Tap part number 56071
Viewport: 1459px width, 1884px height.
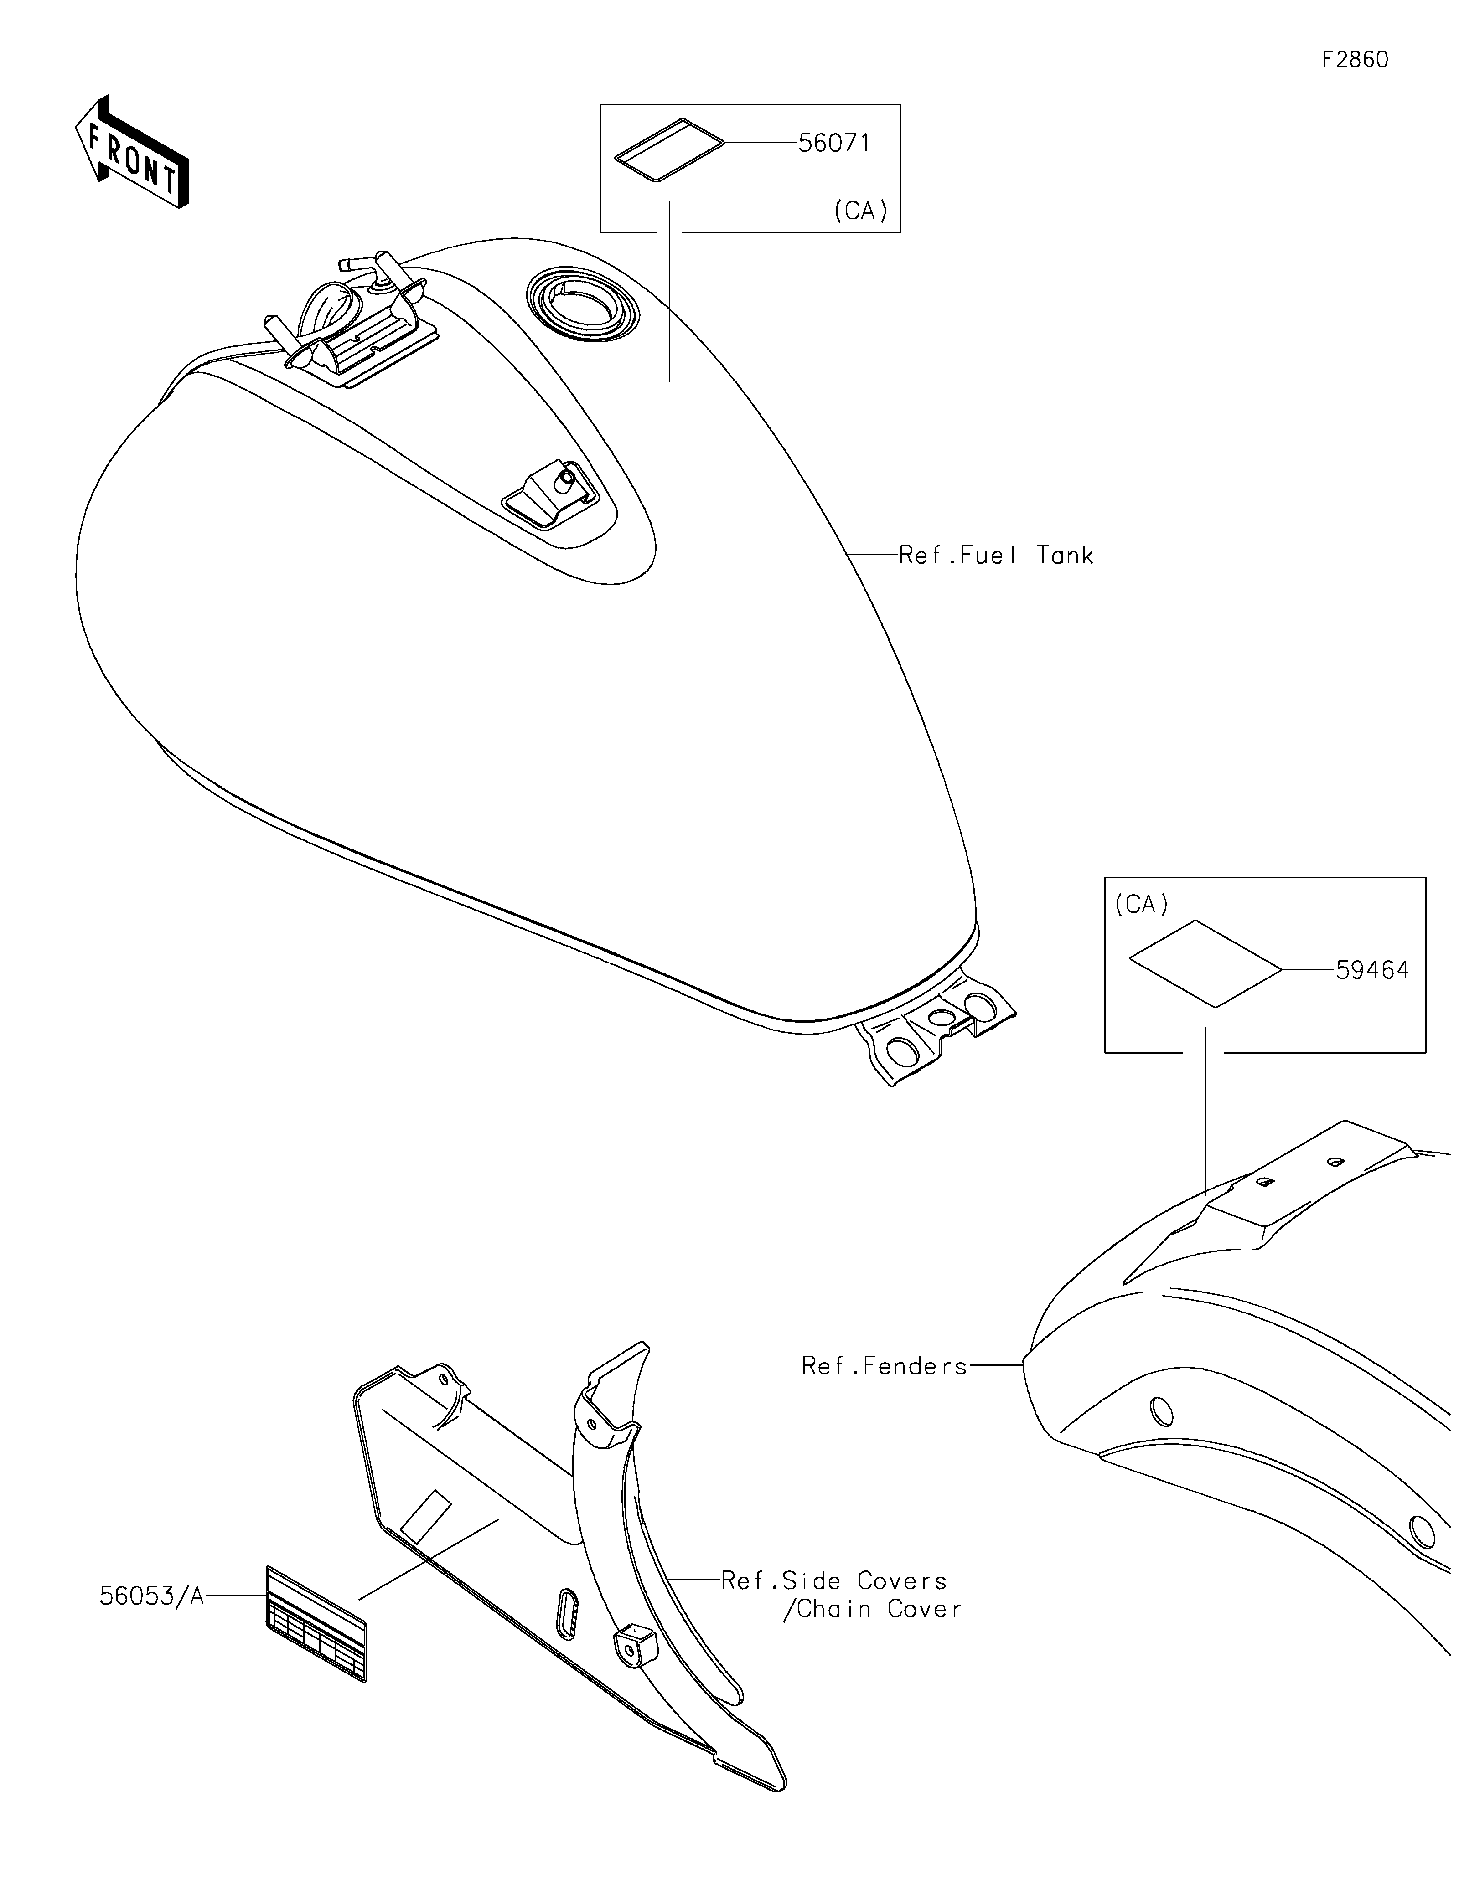point(833,143)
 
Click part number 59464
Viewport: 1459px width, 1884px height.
point(1372,970)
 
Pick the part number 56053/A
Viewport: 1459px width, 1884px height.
point(152,1597)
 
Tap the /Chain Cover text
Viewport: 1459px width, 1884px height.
point(871,1610)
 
